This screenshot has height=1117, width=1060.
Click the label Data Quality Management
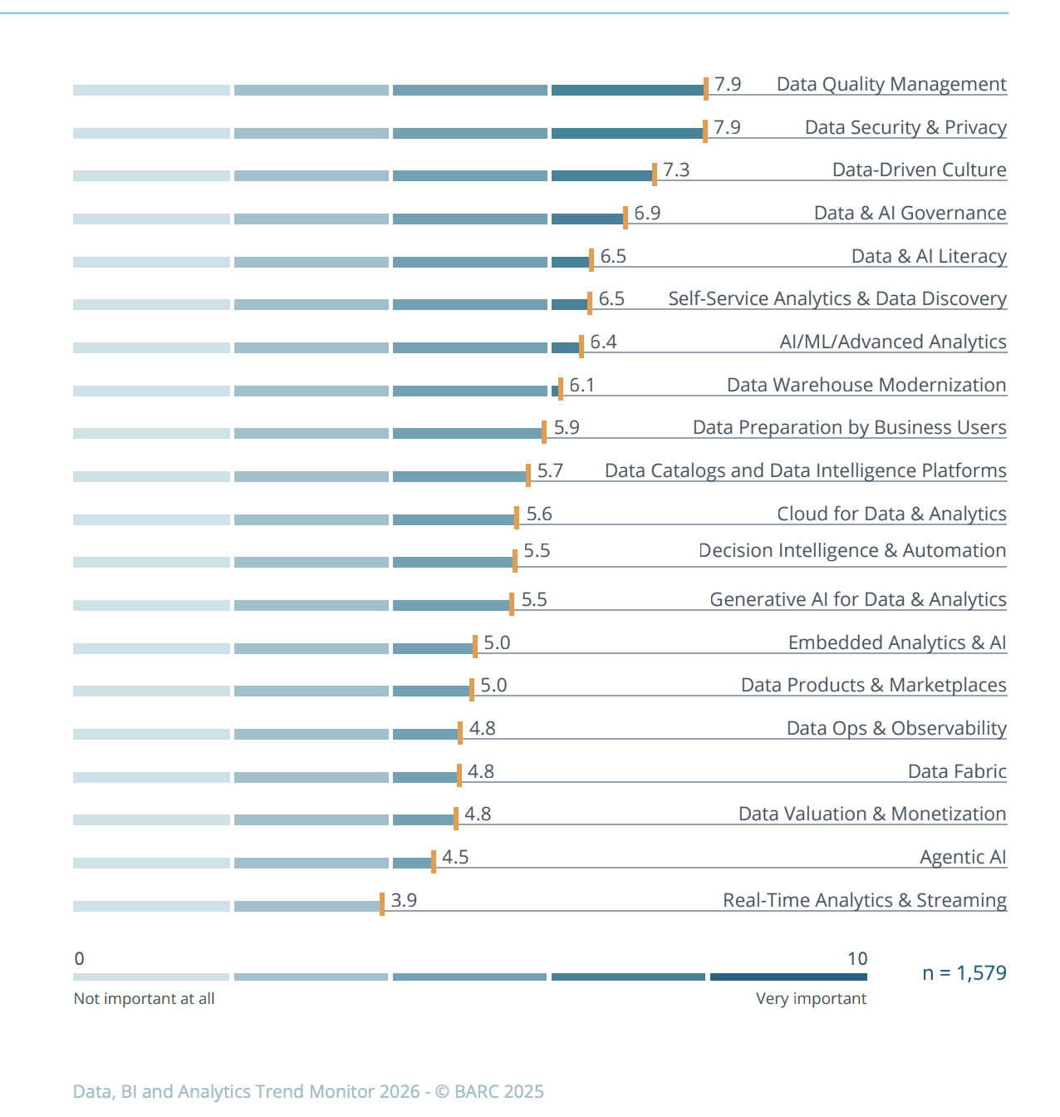(891, 84)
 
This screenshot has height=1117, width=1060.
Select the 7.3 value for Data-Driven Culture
(676, 170)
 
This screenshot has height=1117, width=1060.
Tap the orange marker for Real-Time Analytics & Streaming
(382, 903)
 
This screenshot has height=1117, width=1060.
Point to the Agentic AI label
(963, 857)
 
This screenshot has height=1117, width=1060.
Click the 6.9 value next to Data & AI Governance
(647, 213)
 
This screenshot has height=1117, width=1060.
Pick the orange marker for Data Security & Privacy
(705, 130)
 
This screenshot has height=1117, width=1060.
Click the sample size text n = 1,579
(964, 972)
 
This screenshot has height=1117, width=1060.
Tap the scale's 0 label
(79, 958)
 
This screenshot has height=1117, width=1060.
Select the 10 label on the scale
(857, 958)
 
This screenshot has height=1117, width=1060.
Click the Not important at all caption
(144, 998)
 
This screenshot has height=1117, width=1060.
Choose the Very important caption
(811, 998)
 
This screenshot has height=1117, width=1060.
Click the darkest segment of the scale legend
(788, 977)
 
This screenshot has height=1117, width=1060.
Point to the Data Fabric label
(957, 771)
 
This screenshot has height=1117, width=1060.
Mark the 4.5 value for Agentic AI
(455, 857)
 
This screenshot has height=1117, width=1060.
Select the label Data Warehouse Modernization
(866, 385)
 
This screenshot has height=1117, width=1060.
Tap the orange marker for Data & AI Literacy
(591, 259)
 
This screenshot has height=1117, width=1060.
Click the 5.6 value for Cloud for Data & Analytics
(539, 514)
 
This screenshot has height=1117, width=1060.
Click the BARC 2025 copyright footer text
(308, 1091)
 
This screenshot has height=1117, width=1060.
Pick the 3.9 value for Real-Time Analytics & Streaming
(404, 900)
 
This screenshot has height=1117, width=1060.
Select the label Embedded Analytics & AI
(897, 642)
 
